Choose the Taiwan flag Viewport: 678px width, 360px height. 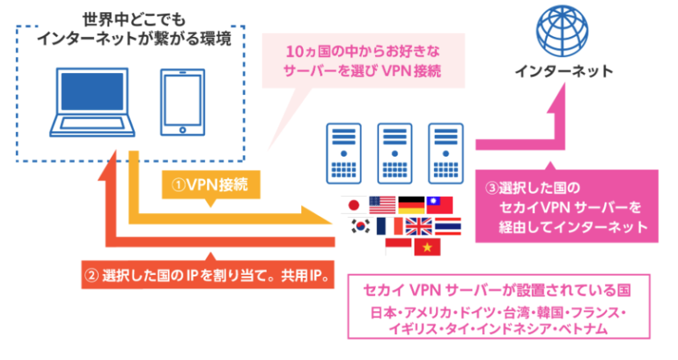click(x=439, y=205)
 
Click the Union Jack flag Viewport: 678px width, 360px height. click(x=419, y=227)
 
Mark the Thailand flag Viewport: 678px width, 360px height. click(x=447, y=227)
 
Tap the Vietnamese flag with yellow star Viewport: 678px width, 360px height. click(x=427, y=247)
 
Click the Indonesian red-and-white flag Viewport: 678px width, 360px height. click(x=399, y=246)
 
